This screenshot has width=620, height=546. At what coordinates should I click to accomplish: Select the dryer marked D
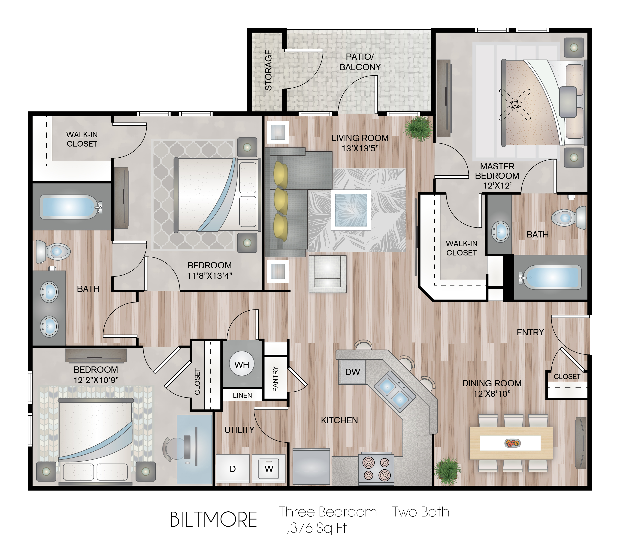tap(233, 468)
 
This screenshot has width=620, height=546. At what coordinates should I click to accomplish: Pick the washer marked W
tap(269, 468)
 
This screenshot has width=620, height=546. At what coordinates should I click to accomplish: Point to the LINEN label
tap(242, 395)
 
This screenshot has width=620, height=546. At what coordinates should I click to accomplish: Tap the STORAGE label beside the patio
tap(269, 70)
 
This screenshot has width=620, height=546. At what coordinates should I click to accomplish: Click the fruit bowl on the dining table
tap(513, 443)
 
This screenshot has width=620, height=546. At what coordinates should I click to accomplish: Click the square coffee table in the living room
tap(351, 210)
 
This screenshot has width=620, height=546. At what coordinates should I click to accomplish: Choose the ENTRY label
tap(530, 332)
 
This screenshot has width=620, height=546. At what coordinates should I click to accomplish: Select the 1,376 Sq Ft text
tap(313, 528)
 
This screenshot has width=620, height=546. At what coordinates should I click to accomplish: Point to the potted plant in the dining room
tap(447, 471)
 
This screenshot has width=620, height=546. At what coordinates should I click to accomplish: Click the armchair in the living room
tap(328, 274)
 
